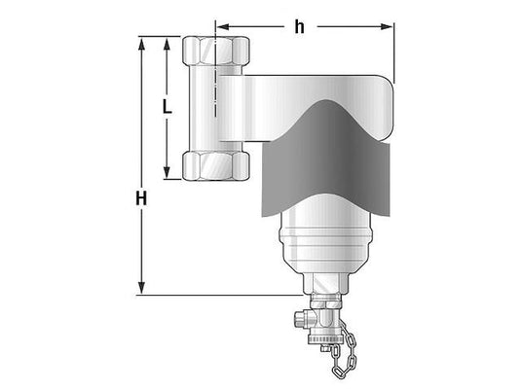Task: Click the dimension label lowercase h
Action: point(299,27)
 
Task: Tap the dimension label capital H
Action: point(141,198)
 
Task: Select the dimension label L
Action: point(167,107)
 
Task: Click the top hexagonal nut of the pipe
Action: point(216,51)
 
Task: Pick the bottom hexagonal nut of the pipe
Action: point(216,165)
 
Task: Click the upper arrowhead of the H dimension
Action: point(141,44)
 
